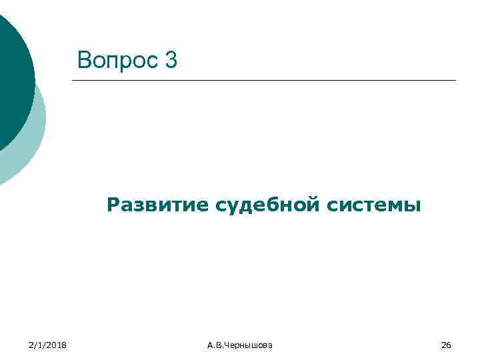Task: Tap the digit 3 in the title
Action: (171, 61)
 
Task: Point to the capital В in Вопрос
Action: (84, 61)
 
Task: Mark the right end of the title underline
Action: (455, 81)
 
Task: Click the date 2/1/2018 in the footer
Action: (48, 345)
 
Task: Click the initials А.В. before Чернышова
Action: (215, 345)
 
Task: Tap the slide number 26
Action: (447, 345)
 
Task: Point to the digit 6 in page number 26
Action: (449, 345)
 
